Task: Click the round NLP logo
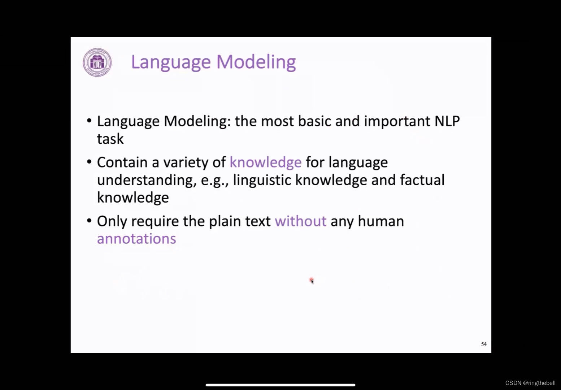point(97,62)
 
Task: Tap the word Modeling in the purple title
point(256,62)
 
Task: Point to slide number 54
point(484,344)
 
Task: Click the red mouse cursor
point(312,281)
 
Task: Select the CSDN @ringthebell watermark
point(530,383)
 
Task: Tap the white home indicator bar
point(280,385)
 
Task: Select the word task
point(110,139)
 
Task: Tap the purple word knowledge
point(265,162)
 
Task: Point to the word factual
point(422,180)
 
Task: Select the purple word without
point(300,221)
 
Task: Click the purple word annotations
point(136,239)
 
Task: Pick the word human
point(380,221)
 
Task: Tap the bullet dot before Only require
point(89,220)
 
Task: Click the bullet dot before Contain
point(89,161)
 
